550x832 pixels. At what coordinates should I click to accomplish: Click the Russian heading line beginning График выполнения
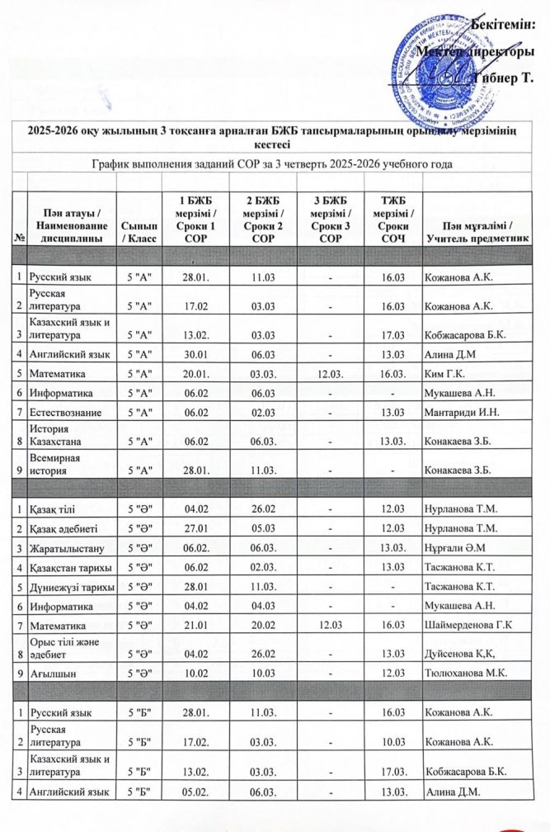pyautogui.click(x=275, y=164)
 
